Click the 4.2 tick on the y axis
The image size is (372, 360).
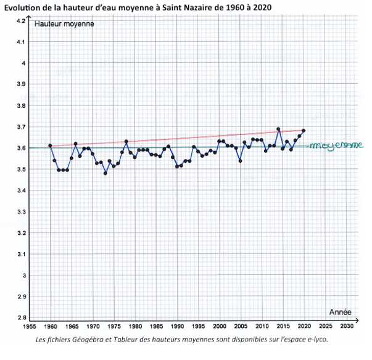click(x=20, y=21)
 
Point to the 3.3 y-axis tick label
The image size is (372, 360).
click(x=20, y=211)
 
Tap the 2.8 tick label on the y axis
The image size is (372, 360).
click(x=20, y=317)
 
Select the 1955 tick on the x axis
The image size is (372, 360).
click(x=30, y=326)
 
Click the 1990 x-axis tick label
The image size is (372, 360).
click(x=177, y=326)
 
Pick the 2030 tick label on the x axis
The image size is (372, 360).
click(x=347, y=326)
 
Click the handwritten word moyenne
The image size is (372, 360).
click(x=336, y=145)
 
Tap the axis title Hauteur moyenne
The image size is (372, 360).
click(x=65, y=24)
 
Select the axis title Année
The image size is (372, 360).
click(x=341, y=311)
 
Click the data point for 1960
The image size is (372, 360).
click(x=50, y=145)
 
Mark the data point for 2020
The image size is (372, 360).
click(x=304, y=131)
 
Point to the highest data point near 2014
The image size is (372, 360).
click(x=278, y=129)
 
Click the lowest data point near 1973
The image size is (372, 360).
click(x=105, y=173)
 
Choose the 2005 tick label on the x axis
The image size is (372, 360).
click(x=241, y=326)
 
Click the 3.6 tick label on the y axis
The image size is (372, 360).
click(x=20, y=148)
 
